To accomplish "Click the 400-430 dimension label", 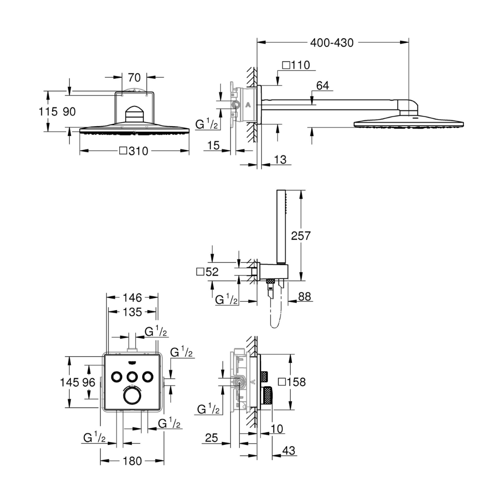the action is click(332, 43).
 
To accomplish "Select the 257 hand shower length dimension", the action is click(300, 236).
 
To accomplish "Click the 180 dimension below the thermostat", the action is click(132, 461).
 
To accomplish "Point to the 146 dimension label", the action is click(132, 298).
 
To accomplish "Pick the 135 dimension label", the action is click(132, 312).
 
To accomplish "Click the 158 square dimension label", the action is click(292, 382).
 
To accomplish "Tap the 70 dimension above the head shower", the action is click(134, 77).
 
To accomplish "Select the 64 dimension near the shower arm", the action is click(322, 86).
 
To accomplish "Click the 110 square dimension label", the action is click(296, 65).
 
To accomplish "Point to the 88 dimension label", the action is click(305, 296).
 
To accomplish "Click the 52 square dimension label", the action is click(207, 272).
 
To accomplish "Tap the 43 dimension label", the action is click(288, 450).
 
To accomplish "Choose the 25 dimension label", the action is click(211, 437).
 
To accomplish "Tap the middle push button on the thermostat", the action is click(132, 376).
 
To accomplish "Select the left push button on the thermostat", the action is click(116, 376).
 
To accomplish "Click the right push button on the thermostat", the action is click(148, 376).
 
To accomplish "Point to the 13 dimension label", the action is click(280, 159).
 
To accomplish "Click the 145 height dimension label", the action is click(69, 382).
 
